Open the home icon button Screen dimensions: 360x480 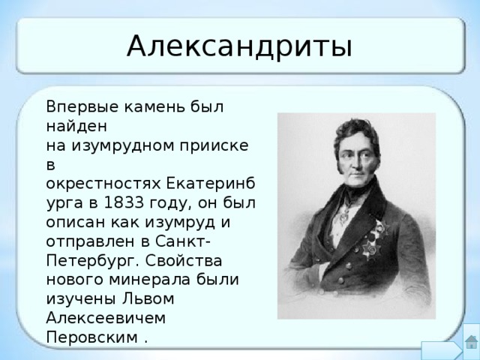tap(471, 343)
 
